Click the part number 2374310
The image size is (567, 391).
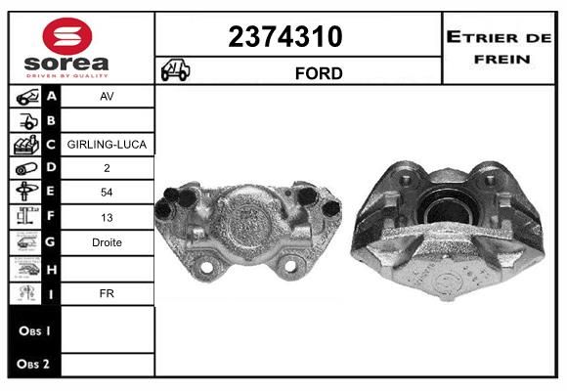click(284, 37)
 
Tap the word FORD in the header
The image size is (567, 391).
click(319, 73)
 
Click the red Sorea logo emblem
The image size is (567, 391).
click(67, 36)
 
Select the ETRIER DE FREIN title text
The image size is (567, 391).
click(499, 48)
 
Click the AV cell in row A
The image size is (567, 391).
click(107, 97)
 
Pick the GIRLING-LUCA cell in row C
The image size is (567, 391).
click(107, 145)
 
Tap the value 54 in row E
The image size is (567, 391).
click(107, 193)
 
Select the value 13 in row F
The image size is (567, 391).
click(107, 218)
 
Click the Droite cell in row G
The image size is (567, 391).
click(107, 242)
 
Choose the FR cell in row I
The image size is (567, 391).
click(107, 293)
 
